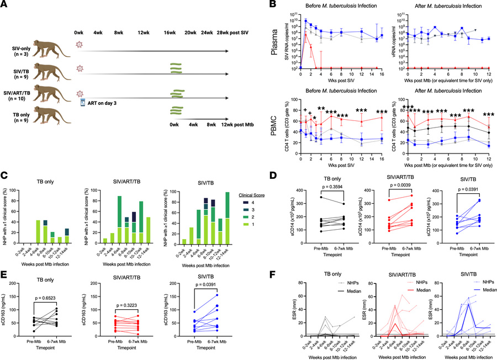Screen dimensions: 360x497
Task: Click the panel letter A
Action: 5,5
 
